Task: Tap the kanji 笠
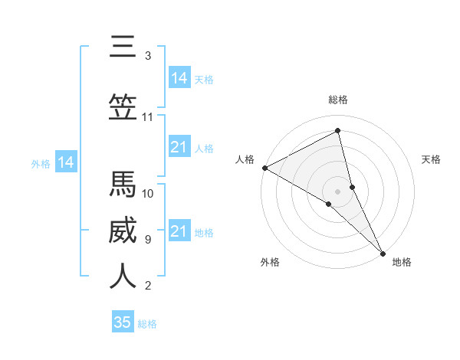pyautogui.click(x=123, y=108)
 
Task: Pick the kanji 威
pyautogui.click(x=123, y=231)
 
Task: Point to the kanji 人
pyautogui.click(x=123, y=277)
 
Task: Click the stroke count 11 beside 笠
pyautogui.click(x=148, y=117)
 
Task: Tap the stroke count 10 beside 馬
pyautogui.click(x=148, y=193)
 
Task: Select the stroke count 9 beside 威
pyautogui.click(x=148, y=239)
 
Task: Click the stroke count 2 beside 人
pyautogui.click(x=148, y=286)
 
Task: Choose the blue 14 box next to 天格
pyautogui.click(x=179, y=78)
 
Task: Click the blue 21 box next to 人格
pyautogui.click(x=179, y=147)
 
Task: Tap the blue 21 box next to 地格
pyautogui.click(x=179, y=231)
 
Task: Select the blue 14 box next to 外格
pyautogui.click(x=65, y=162)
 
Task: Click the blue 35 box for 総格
pyautogui.click(x=123, y=322)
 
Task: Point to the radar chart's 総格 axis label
pyautogui.click(x=338, y=100)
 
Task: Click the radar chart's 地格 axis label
pyautogui.click(x=402, y=263)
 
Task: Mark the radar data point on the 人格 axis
pyautogui.click(x=264, y=168)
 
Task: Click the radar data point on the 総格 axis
pyautogui.click(x=338, y=131)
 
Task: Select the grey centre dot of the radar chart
pyautogui.click(x=338, y=191)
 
